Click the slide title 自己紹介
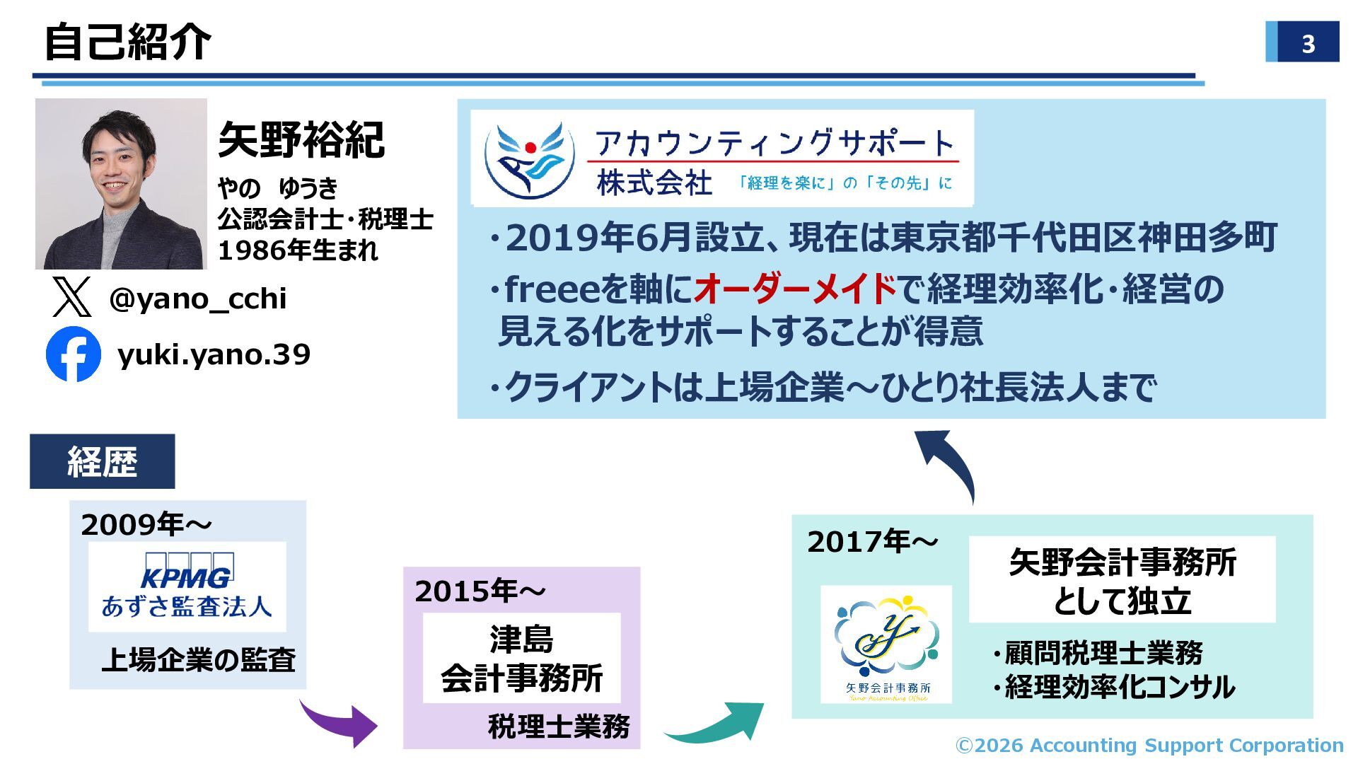click(127, 42)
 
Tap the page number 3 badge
click(1302, 42)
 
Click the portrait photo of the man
click(121, 184)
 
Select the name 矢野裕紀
click(301, 140)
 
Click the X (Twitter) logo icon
click(71, 297)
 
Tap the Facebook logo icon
click(74, 354)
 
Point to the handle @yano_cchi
click(198, 299)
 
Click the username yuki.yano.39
click(214, 354)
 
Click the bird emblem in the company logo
click(529, 160)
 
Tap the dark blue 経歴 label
click(102, 461)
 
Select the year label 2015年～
click(480, 591)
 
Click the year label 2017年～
click(872, 542)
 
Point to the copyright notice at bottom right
click(1149, 746)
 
